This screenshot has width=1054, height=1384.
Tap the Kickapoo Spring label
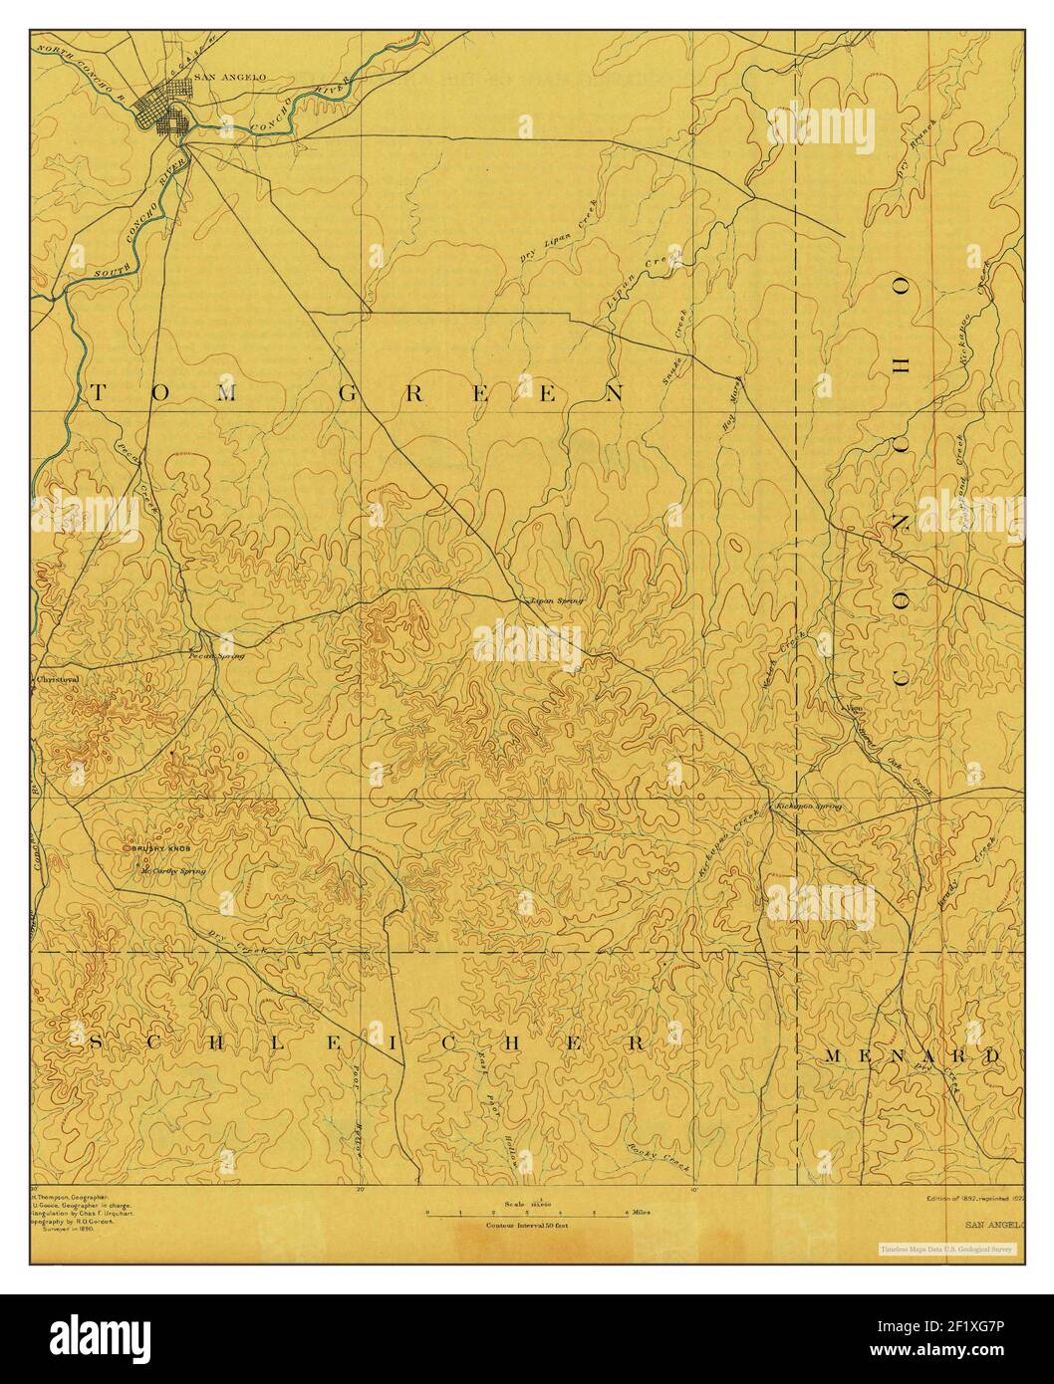[807, 805]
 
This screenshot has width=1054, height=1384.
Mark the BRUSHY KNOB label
[157, 847]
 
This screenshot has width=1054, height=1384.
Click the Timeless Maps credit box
[945, 1248]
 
